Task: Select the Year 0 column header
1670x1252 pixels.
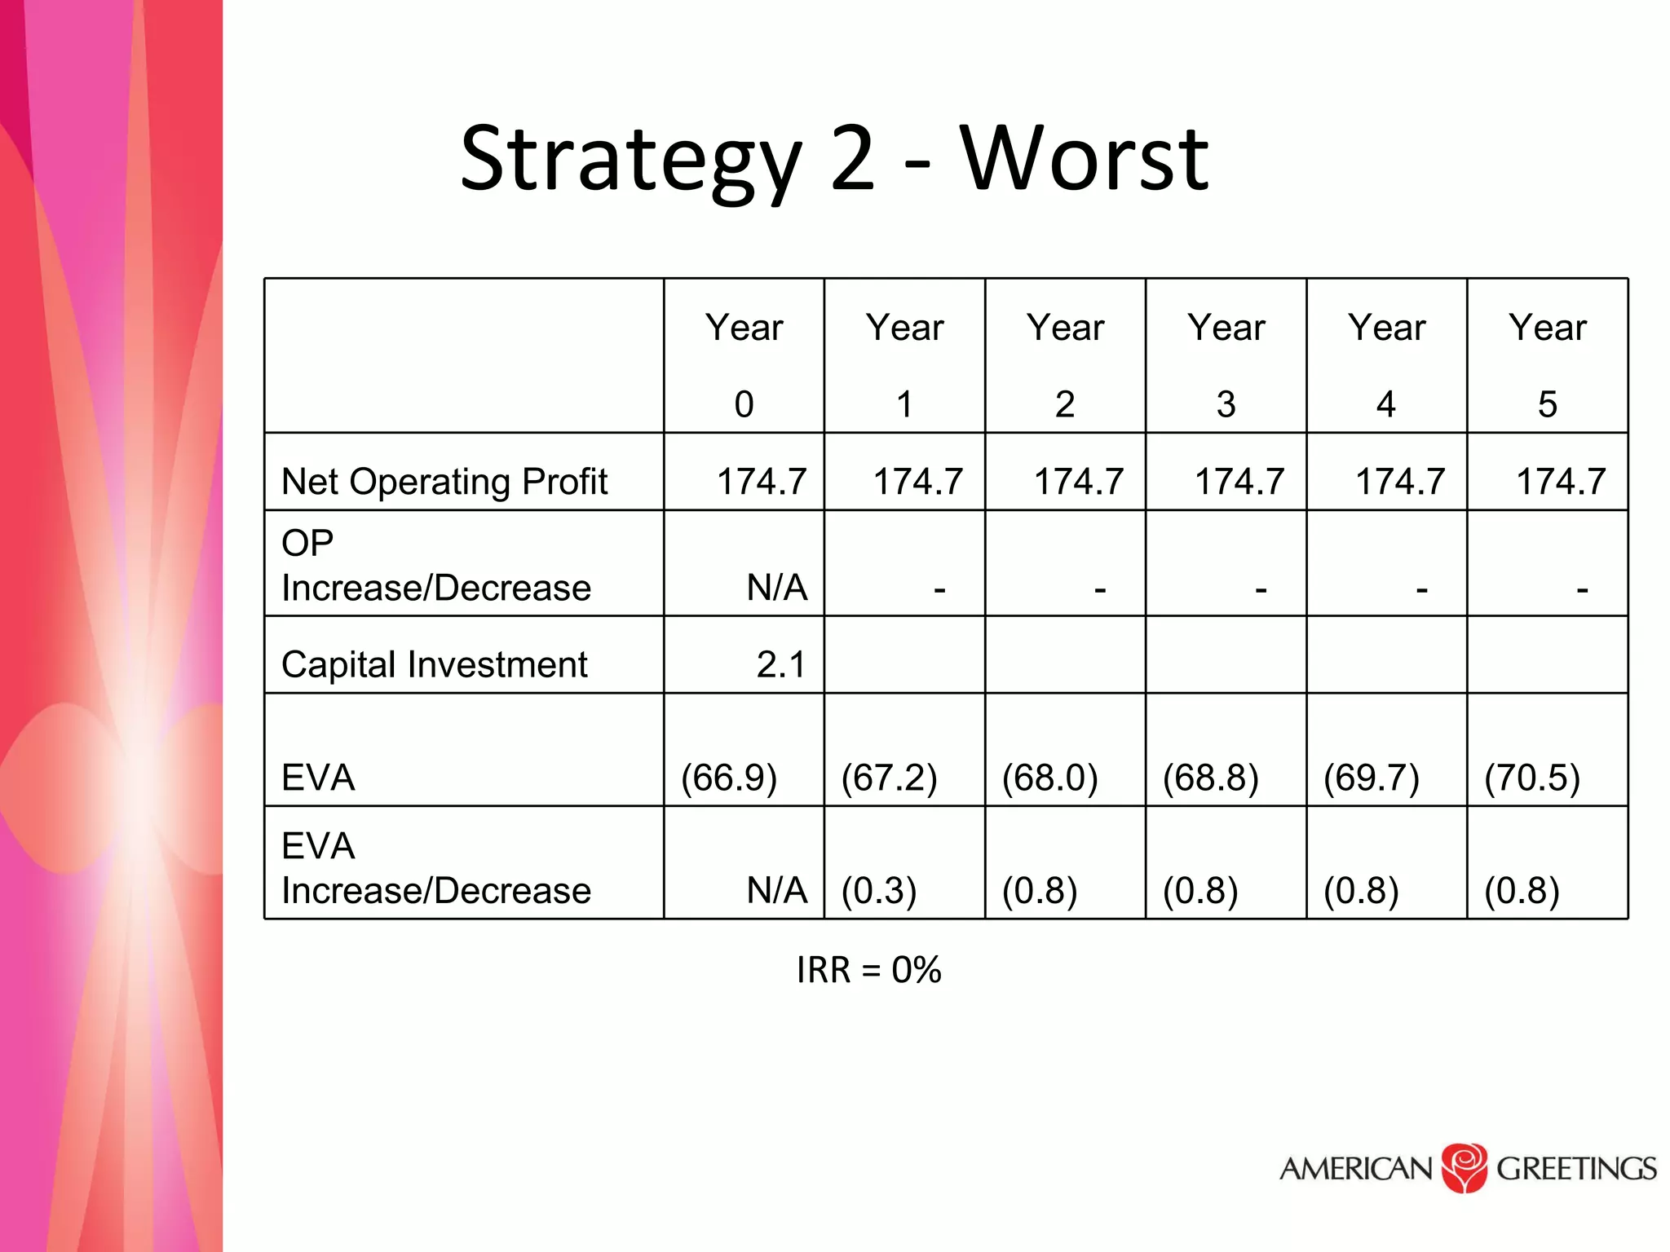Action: tap(744, 364)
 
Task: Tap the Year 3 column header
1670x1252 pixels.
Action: tap(1226, 364)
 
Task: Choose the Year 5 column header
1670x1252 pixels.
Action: tap(1547, 364)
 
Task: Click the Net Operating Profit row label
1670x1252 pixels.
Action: tap(444, 482)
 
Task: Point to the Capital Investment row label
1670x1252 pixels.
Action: tap(434, 664)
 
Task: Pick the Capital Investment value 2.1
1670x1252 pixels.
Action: tap(780, 664)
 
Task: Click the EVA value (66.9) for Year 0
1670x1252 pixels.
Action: tap(729, 778)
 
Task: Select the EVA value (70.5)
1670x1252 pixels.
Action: tap(1532, 778)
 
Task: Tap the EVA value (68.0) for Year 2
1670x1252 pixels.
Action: tap(1050, 778)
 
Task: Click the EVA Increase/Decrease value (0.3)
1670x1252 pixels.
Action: tap(879, 890)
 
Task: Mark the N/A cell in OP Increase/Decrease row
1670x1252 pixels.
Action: tap(776, 588)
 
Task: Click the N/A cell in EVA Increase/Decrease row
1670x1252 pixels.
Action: tap(776, 890)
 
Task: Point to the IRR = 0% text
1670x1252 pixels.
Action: tap(868, 970)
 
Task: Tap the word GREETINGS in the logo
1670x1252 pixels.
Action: tap(1576, 1169)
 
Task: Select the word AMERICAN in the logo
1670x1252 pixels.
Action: tap(1355, 1169)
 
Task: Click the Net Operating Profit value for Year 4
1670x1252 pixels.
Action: tap(1400, 482)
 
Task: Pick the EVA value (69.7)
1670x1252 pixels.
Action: tap(1372, 778)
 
